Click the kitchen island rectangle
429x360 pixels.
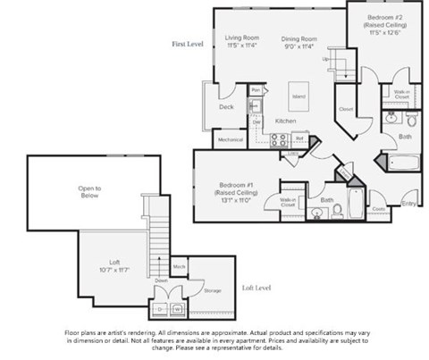pyautogui.click(x=299, y=93)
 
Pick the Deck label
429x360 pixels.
pyautogui.click(x=226, y=107)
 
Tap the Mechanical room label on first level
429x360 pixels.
pyautogui.click(x=231, y=140)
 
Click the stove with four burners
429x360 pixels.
pyautogui.click(x=279, y=139)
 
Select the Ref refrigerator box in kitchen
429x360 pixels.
pyautogui.click(x=300, y=139)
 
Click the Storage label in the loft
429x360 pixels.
pyautogui.click(x=212, y=291)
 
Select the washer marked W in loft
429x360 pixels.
pyautogui.click(x=179, y=308)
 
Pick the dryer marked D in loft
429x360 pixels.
pyautogui.click(x=164, y=308)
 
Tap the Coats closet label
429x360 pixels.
pyautogui.click(x=378, y=211)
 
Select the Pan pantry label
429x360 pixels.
pyautogui.click(x=256, y=90)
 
